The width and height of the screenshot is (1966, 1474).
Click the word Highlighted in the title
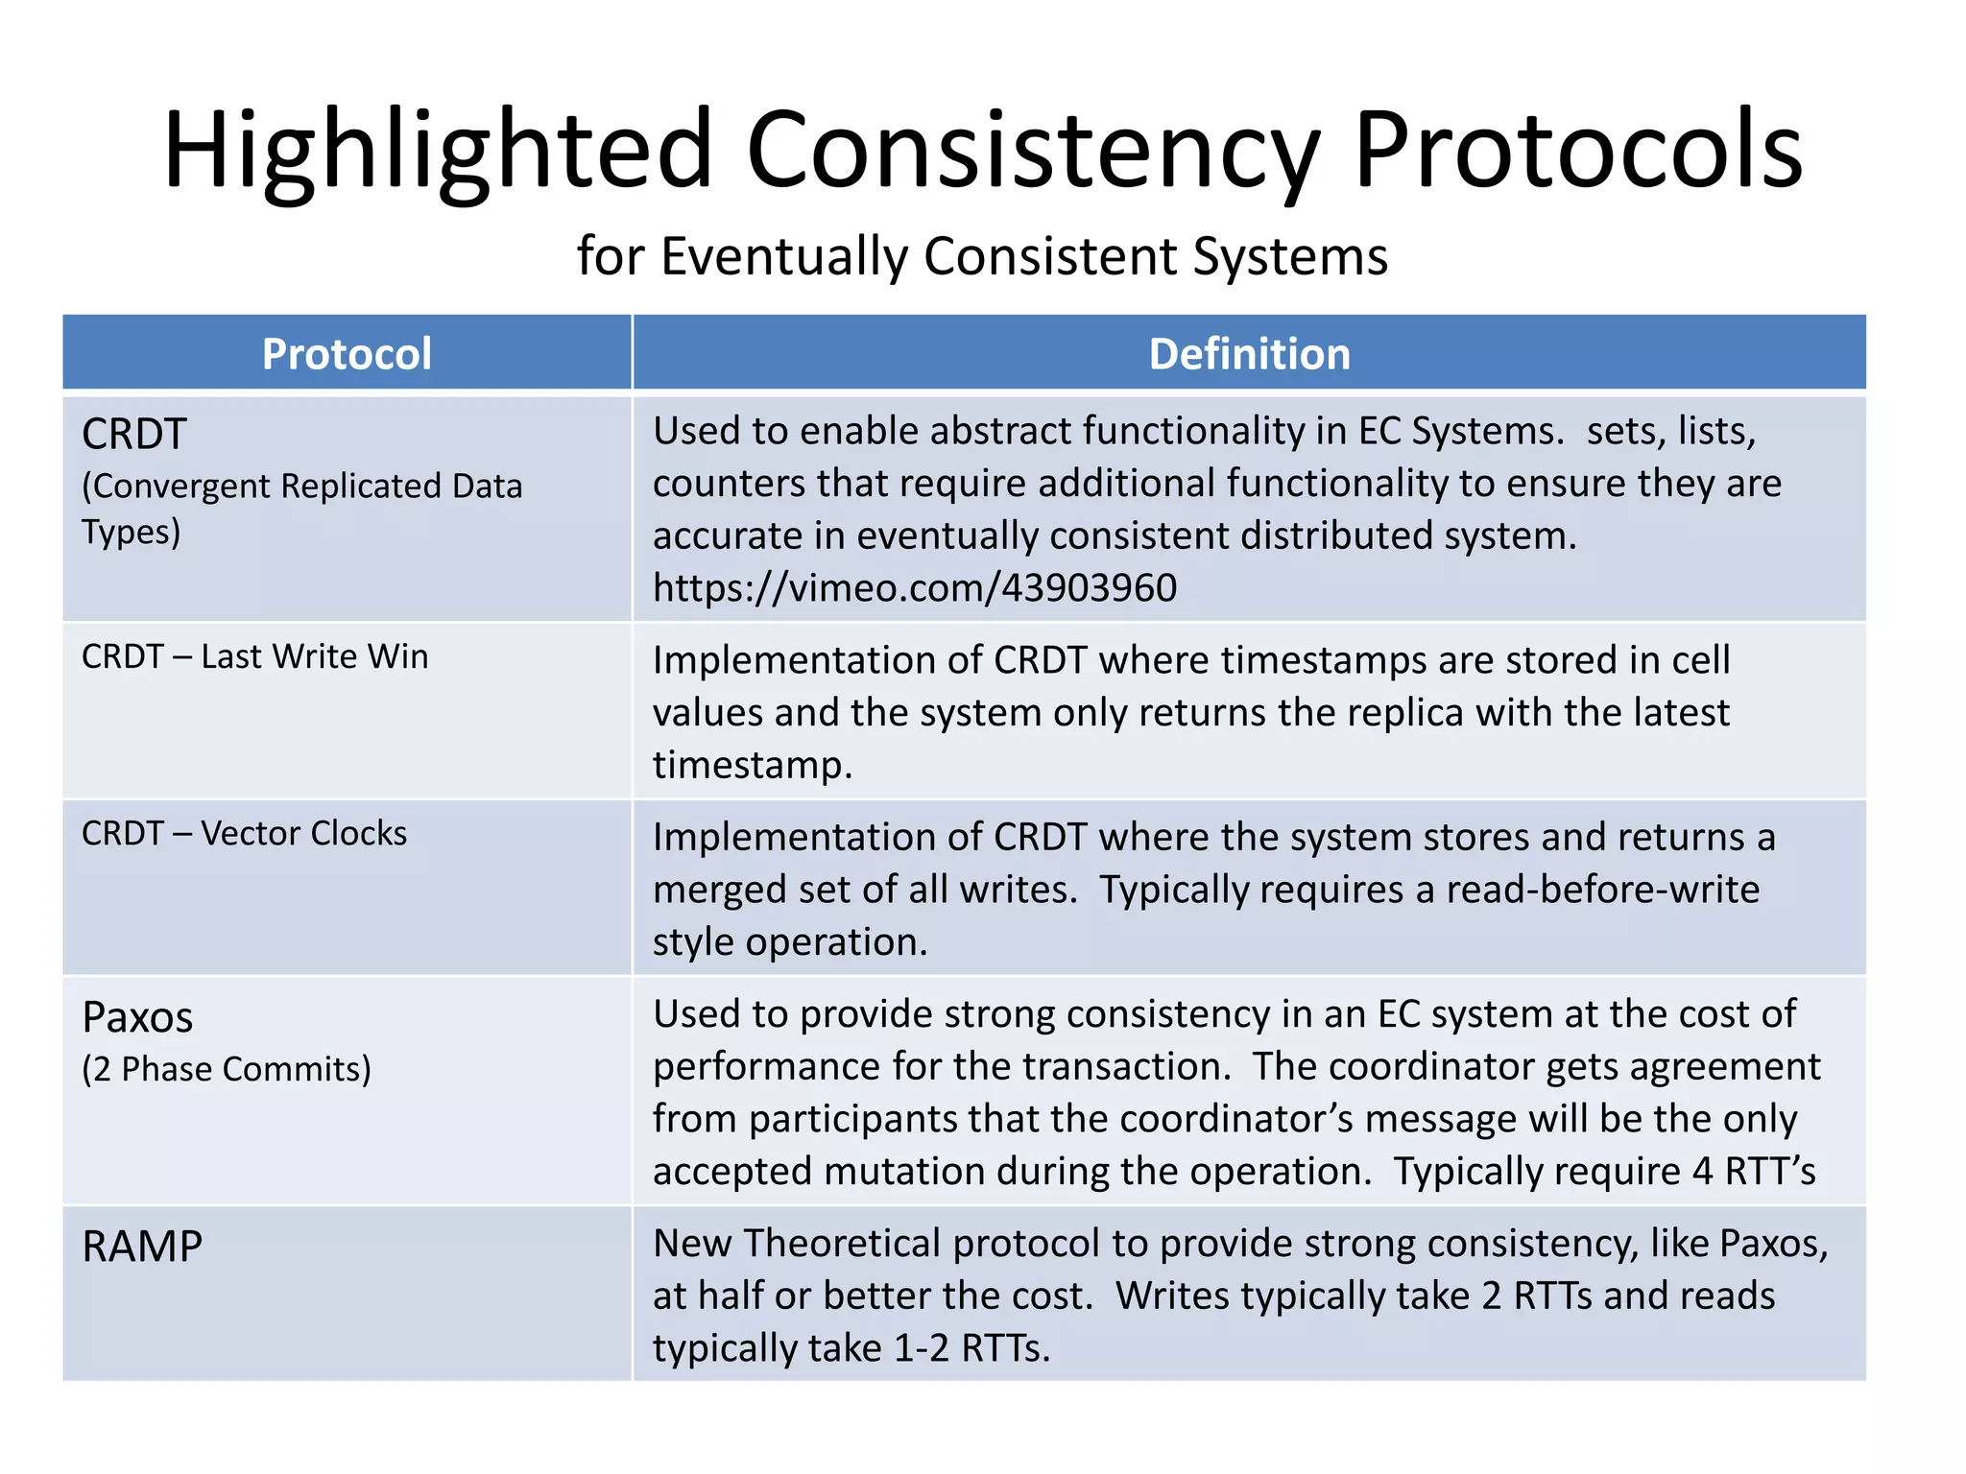[x=437, y=152]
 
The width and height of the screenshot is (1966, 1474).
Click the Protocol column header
[x=347, y=354]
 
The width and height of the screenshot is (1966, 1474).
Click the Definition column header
[x=1249, y=354]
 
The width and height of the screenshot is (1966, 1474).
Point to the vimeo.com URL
[x=914, y=587]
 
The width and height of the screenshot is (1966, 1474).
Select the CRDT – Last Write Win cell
[x=254, y=656]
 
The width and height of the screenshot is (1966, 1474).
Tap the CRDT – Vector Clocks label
[x=244, y=833]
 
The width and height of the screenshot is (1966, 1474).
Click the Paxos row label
[x=137, y=1017]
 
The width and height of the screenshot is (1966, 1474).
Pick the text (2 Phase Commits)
[x=227, y=1069]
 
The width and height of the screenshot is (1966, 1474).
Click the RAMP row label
[x=142, y=1247]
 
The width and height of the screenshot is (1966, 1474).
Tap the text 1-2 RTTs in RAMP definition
[x=971, y=1348]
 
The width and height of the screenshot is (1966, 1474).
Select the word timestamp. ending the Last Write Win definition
[x=752, y=765]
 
